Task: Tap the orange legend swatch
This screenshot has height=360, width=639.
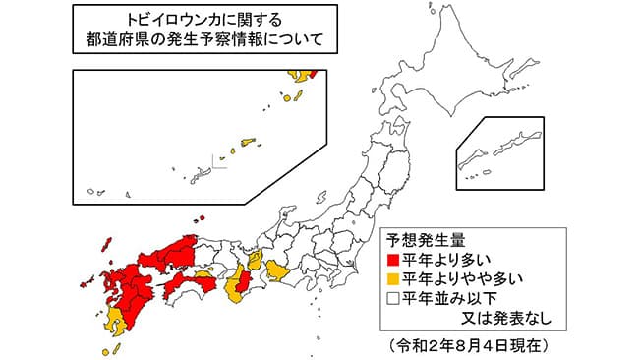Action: pyautogui.click(x=394, y=279)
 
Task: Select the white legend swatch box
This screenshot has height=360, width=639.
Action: pyautogui.click(x=394, y=298)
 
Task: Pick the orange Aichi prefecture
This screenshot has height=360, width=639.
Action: pyautogui.click(x=279, y=269)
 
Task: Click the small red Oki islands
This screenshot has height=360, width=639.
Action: pyautogui.click(x=201, y=219)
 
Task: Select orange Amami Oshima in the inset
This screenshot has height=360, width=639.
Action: pyautogui.click(x=246, y=144)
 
